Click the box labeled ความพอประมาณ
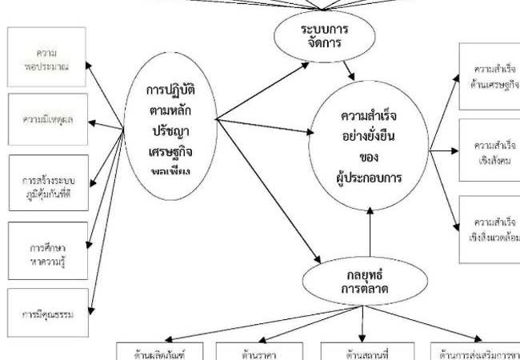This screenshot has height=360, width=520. (x=45, y=59)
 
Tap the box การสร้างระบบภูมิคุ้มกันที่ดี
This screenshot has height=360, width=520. (x=45, y=187)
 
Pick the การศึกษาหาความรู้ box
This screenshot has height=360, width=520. (x=45, y=251)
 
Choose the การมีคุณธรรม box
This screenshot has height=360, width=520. (x=45, y=313)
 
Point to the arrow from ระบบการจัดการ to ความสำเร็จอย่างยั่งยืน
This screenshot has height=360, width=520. (x=347, y=70)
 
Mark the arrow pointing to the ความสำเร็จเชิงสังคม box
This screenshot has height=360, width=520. (x=445, y=150)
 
